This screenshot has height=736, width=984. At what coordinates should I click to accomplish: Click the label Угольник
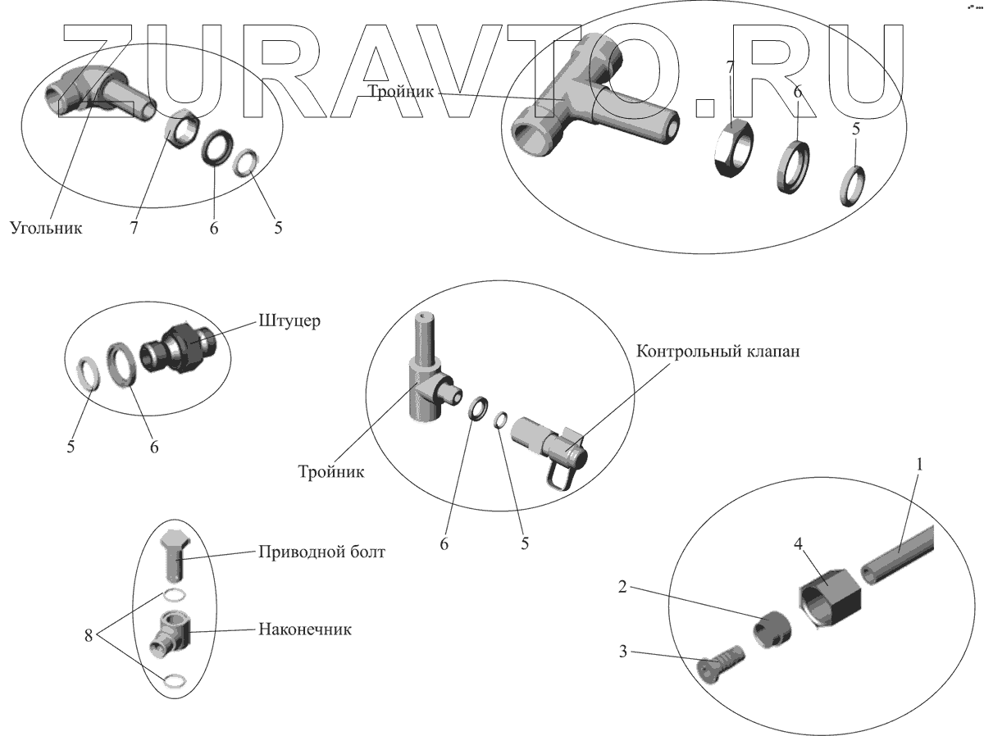tap(47, 227)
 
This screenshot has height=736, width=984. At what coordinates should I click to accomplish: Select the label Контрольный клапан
tap(717, 352)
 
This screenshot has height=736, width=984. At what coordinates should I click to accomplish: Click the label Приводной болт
tap(321, 552)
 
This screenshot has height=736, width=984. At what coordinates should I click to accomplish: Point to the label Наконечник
tap(305, 629)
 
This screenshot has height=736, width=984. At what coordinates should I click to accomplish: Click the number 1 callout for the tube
tap(919, 465)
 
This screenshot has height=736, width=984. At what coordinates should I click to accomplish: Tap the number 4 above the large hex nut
tap(796, 543)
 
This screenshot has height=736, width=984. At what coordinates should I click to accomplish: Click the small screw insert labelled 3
tap(721, 661)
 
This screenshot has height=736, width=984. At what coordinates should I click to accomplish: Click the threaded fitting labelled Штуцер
tap(180, 346)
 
